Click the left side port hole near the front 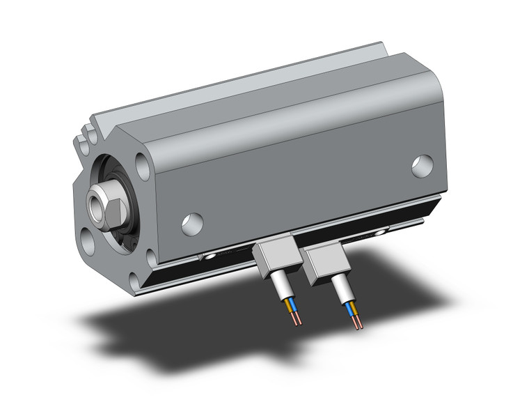pyautogui.click(x=192, y=223)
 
